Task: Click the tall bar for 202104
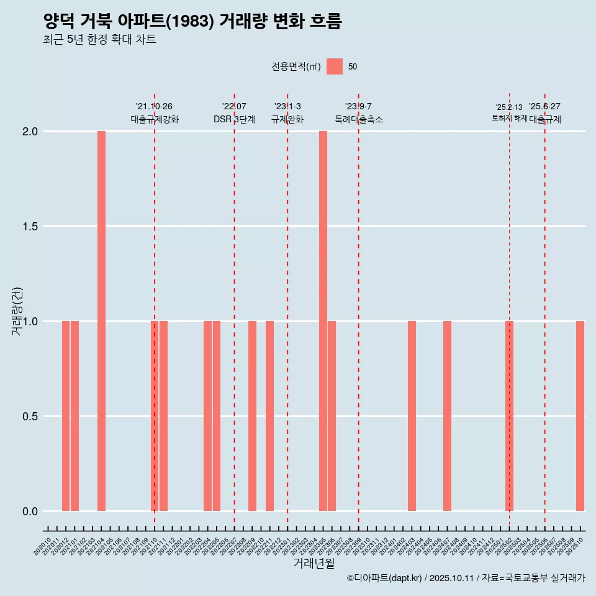coord(101,321)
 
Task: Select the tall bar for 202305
coord(323,321)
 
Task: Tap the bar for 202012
coord(66,416)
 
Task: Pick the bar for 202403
coord(412,416)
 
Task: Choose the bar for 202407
coord(447,416)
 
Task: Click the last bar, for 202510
coord(580,416)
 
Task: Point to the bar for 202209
coord(252,416)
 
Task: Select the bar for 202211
coord(270,416)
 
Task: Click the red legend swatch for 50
coord(335,66)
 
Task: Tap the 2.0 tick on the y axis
coord(31,132)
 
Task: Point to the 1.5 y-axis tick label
coord(31,227)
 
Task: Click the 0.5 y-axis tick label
coord(31,417)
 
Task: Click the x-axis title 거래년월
coord(314,564)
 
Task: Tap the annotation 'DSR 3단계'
coord(234,119)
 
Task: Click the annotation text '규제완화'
coord(287,119)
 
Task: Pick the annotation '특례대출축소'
coord(358,119)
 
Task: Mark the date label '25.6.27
coord(544,106)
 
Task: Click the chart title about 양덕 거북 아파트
coord(192,22)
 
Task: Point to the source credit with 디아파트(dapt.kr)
coord(466,578)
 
